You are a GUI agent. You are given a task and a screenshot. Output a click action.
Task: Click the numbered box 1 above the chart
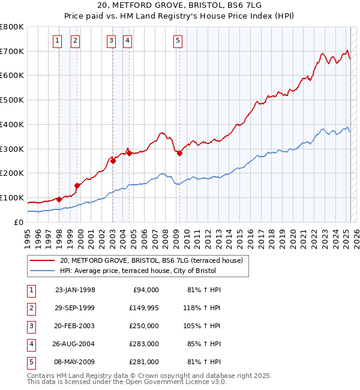57,41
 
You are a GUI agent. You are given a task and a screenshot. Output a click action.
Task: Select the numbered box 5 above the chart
178,41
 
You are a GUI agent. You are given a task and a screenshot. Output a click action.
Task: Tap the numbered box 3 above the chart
112,41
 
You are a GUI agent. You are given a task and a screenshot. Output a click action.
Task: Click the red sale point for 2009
179,153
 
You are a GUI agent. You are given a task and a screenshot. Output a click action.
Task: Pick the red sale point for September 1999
77,185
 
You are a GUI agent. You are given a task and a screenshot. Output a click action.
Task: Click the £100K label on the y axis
13,197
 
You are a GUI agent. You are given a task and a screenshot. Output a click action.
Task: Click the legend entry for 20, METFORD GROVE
151,260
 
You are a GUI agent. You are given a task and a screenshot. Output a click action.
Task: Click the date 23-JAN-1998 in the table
75,290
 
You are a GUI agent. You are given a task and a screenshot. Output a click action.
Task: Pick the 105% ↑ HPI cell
202,326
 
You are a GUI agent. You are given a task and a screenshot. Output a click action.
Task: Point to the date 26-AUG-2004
75,344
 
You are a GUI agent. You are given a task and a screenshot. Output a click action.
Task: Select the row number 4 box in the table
31,344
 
